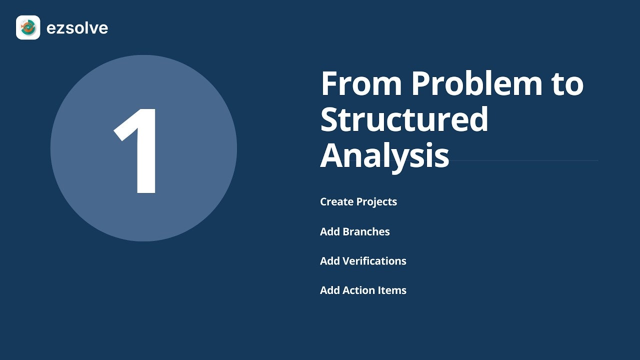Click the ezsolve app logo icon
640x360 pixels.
coord(28,27)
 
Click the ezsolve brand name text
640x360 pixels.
coord(77,28)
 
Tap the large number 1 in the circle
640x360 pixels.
coord(135,151)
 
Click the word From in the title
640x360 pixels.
coord(361,83)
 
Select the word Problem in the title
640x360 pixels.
coord(476,83)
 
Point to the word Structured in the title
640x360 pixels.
coord(404,119)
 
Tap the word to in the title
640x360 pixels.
coord(567,84)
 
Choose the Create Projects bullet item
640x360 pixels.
coord(358,202)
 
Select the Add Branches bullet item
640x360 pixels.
coord(355,231)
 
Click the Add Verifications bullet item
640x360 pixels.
coord(363,261)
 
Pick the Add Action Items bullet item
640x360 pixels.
coord(363,290)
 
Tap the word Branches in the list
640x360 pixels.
coord(366,231)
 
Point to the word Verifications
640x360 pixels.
coord(374,261)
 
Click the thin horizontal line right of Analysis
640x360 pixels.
coord(524,160)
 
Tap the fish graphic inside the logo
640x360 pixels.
coord(27,27)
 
